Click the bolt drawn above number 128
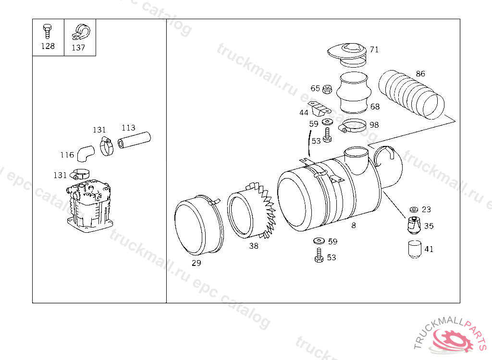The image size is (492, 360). click(x=48, y=31)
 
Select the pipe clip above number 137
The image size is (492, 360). click(x=81, y=32)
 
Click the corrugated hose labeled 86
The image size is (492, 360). click(x=411, y=95)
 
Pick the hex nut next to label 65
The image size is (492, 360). click(x=327, y=89)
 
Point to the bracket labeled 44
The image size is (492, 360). click(x=319, y=108)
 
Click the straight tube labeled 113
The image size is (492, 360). click(x=135, y=140)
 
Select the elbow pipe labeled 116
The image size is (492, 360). click(x=86, y=154)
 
